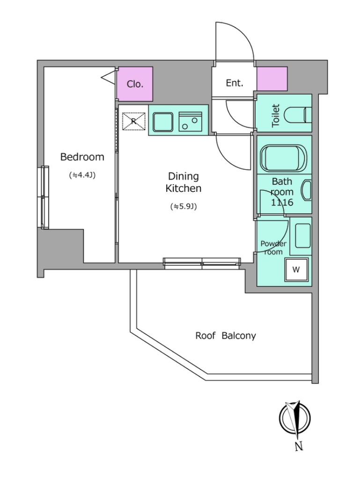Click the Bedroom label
click(x=82, y=157)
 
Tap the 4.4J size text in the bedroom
click(x=82, y=175)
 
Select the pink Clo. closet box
click(x=135, y=84)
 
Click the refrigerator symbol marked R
click(x=133, y=121)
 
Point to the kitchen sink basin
click(x=163, y=122)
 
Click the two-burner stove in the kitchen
click(x=191, y=122)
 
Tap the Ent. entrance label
click(x=235, y=83)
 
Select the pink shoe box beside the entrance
click(x=272, y=79)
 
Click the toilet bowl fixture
click(x=298, y=116)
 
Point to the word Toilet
click(x=276, y=116)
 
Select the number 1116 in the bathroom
click(x=282, y=202)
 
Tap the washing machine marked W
click(x=296, y=269)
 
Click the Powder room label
click(x=273, y=248)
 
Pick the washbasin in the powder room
click(x=303, y=236)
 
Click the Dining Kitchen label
click(x=184, y=182)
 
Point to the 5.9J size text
click(x=184, y=207)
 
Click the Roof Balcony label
click(x=226, y=336)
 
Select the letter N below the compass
click(x=299, y=446)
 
